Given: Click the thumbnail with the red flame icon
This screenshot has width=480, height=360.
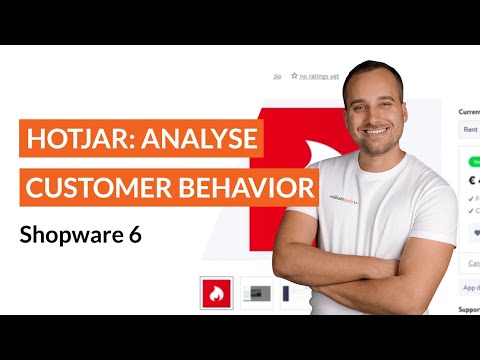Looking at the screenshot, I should point(216,293).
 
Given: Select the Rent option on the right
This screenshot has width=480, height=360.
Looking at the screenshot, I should point(468,129).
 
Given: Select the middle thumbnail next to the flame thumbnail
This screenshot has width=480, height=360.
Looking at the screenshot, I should point(258,293).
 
